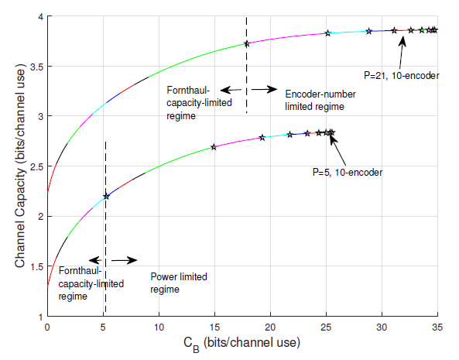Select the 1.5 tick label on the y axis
click(36, 267)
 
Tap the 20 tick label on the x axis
click(270, 327)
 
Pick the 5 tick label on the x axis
click(103, 327)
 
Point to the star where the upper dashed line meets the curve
click(247, 44)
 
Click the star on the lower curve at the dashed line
click(106, 197)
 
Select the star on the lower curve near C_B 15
click(213, 147)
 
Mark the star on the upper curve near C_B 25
click(327, 33)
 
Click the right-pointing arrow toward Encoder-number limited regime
click(265, 90)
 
